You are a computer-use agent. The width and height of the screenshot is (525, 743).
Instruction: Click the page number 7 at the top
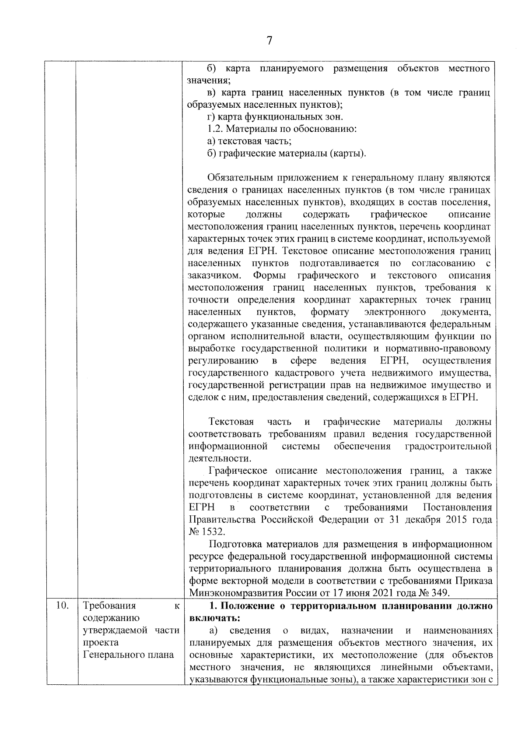click(269, 41)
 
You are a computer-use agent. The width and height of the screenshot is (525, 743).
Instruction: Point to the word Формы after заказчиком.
click(269, 275)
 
